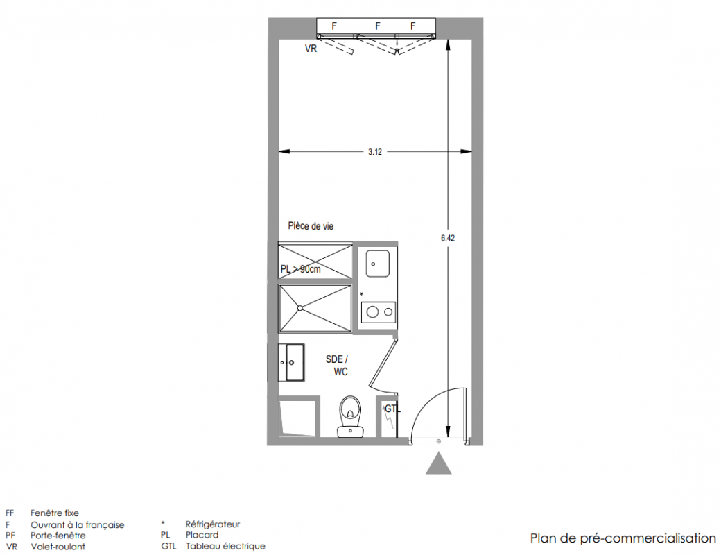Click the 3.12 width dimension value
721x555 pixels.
(375, 152)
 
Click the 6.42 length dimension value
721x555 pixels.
(447, 238)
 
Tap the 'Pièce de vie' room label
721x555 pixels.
(311, 226)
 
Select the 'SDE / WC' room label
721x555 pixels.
(338, 366)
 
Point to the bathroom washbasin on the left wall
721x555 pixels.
(290, 362)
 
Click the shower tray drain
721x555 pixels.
(300, 307)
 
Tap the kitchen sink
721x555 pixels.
(377, 263)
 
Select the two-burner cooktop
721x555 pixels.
(379, 312)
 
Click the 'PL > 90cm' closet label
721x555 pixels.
(301, 269)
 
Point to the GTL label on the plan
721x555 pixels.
(392, 409)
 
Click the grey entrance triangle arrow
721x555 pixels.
(439, 463)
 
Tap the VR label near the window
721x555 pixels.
(311, 49)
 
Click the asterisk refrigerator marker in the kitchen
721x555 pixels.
(361, 294)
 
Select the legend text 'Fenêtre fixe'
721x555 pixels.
(55, 513)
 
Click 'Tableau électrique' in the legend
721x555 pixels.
(225, 546)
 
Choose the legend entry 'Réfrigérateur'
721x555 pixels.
(213, 524)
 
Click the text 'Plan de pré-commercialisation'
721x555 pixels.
(623, 538)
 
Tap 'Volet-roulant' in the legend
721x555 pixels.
(58, 547)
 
